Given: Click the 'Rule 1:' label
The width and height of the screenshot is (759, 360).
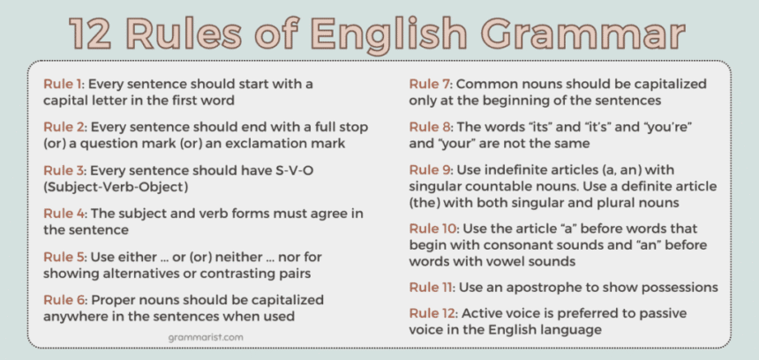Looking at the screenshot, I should pyautogui.click(x=64, y=84).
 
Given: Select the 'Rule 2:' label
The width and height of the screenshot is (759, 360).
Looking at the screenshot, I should pyautogui.click(x=64, y=126).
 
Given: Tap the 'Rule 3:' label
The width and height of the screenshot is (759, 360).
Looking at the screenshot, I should pyautogui.click(x=64, y=169).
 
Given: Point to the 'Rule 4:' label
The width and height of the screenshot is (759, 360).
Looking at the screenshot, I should pyautogui.click(x=64, y=213).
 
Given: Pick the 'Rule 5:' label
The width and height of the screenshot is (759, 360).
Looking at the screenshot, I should pyautogui.click(x=64, y=256).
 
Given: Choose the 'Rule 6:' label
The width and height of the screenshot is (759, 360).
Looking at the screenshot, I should pyautogui.click(x=64, y=299).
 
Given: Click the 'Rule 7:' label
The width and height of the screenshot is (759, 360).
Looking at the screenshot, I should pyautogui.click(x=430, y=84).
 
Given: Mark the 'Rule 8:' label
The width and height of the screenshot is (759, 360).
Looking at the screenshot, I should pyautogui.click(x=430, y=126).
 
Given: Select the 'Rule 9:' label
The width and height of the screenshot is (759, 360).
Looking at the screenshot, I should pyautogui.click(x=430, y=169).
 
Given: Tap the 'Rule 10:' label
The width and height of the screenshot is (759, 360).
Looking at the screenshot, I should pyautogui.click(x=432, y=228).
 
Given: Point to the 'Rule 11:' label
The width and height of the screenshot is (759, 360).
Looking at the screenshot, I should pyautogui.click(x=431, y=287).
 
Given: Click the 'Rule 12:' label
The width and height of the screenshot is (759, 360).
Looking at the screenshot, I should pyautogui.click(x=432, y=313).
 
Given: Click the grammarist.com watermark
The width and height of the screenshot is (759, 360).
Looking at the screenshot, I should pyautogui.click(x=205, y=337).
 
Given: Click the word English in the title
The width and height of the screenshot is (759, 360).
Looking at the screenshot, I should pyautogui.click(x=388, y=34).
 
